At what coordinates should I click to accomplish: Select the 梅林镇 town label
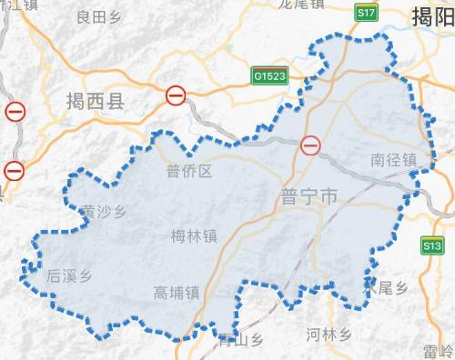pos(195,236)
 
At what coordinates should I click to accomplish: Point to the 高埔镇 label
pos(177,292)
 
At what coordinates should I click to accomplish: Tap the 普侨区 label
pos(189,171)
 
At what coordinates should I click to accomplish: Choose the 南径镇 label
pos(394,160)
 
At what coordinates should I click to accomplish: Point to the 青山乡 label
pos(241,341)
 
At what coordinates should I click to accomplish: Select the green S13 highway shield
pos(431,245)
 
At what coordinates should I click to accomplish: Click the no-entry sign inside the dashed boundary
pos(311,145)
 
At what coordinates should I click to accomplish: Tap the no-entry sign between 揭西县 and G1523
pos(177,94)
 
